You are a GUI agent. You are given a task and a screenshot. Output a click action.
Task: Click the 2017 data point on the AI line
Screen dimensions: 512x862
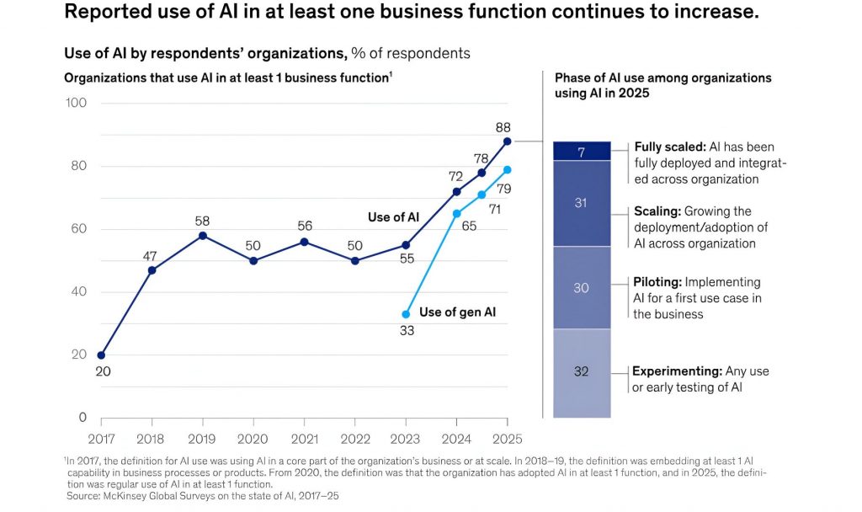pos(101,355)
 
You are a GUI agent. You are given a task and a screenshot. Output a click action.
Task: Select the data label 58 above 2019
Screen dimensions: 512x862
pos(202,221)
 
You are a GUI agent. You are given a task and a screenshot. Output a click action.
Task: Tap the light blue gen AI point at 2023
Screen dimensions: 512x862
pos(406,314)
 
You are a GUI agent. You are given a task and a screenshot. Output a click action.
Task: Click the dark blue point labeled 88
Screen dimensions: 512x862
pos(507,141)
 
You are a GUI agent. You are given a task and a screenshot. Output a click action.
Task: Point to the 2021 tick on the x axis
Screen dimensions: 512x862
pos(304,438)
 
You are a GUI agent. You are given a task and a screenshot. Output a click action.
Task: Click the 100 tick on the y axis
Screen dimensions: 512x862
pos(77,103)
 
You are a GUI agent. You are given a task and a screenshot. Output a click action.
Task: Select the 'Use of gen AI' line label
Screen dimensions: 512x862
pos(457,312)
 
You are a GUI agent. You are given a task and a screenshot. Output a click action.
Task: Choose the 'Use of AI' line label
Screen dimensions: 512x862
pos(393,217)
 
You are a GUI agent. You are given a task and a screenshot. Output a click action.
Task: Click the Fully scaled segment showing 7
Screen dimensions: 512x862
pos(581,151)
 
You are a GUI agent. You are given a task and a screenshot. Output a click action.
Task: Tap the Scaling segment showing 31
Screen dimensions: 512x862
pos(581,203)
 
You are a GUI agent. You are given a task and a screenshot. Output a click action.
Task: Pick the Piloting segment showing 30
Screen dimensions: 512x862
pos(581,288)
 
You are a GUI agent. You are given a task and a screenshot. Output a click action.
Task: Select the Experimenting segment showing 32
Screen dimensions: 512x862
pos(581,371)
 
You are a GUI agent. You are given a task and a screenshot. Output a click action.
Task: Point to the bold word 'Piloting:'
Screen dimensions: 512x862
pos(660,282)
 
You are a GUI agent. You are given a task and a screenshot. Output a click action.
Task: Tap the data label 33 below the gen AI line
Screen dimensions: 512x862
pos(406,331)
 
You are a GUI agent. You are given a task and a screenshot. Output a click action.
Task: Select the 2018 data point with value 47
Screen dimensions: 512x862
pos(152,270)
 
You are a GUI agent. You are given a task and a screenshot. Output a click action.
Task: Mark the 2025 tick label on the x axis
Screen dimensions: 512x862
pos(507,438)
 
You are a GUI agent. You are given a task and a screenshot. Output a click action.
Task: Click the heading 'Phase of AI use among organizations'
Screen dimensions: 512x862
pos(662,77)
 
